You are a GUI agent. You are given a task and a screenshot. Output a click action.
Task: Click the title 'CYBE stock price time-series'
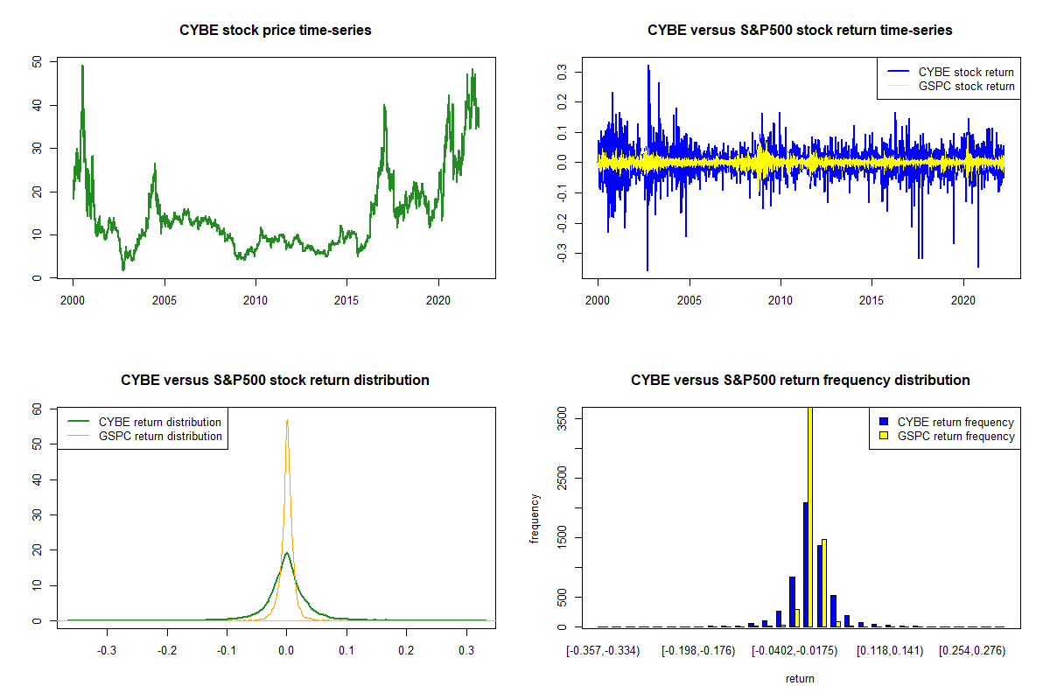tap(276, 31)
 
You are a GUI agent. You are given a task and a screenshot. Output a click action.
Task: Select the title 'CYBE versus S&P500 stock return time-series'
tap(800, 31)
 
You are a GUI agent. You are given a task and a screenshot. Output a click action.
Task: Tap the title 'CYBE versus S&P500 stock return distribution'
tap(276, 381)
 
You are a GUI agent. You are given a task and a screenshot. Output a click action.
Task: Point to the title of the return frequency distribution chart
tap(800, 381)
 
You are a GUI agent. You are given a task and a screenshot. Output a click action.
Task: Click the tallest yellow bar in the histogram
tap(810, 516)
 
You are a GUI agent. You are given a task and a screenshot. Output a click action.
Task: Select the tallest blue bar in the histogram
tap(805, 564)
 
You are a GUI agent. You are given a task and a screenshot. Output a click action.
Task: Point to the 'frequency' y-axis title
tap(535, 519)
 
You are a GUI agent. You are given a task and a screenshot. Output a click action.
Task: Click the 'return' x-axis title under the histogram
tap(800, 678)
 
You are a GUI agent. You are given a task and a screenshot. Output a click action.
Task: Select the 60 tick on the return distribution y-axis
tap(37, 409)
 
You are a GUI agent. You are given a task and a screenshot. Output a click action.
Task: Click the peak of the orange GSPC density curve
tap(286, 420)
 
